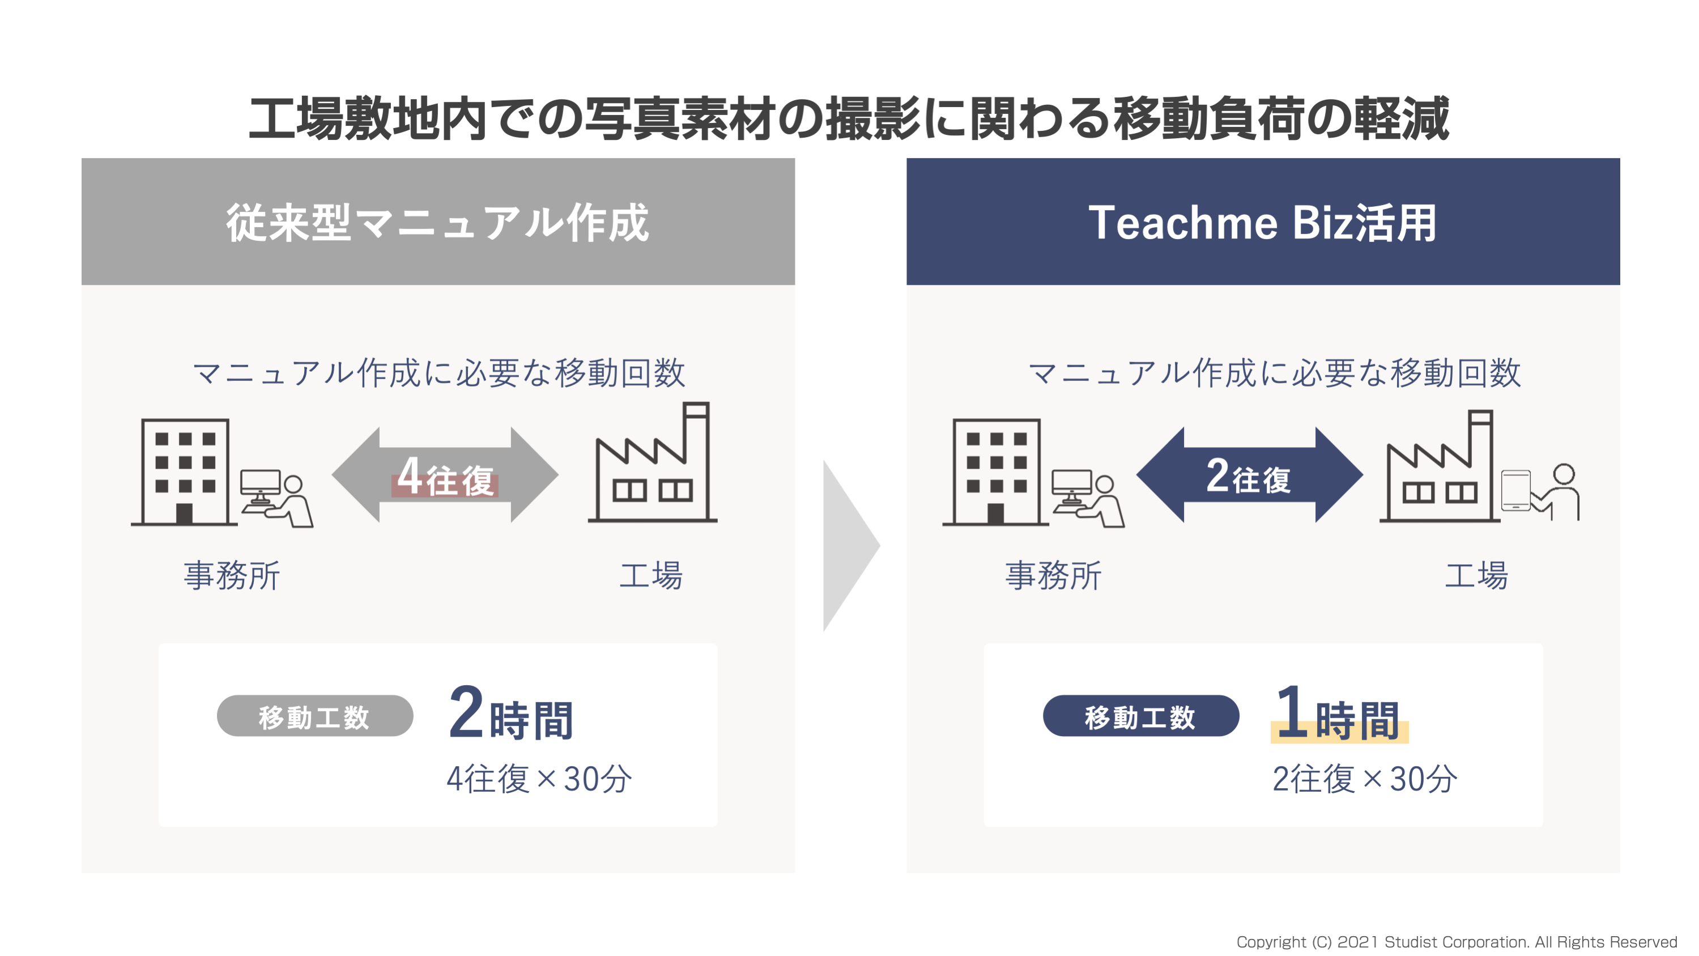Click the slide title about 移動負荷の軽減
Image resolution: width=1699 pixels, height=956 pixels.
click(849, 119)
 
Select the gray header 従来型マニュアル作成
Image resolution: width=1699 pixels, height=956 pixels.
click(438, 222)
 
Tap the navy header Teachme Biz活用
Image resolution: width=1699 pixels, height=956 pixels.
click(1263, 222)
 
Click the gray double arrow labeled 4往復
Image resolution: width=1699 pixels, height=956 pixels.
click(445, 475)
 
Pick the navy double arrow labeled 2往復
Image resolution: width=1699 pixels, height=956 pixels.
click(1249, 475)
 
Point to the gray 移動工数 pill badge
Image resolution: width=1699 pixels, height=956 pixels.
click(314, 716)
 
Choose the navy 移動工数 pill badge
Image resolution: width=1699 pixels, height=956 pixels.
click(1141, 716)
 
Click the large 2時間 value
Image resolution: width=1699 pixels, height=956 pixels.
click(510, 714)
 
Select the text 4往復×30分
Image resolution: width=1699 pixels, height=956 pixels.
click(539, 779)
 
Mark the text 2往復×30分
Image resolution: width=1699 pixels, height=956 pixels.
click(1365, 779)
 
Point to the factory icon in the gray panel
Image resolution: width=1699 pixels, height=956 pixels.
click(652, 462)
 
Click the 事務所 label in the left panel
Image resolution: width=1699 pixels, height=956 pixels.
click(232, 575)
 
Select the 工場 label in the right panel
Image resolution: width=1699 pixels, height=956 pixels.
click(1476, 575)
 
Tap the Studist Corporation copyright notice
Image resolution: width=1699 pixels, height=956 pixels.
click(1457, 941)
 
